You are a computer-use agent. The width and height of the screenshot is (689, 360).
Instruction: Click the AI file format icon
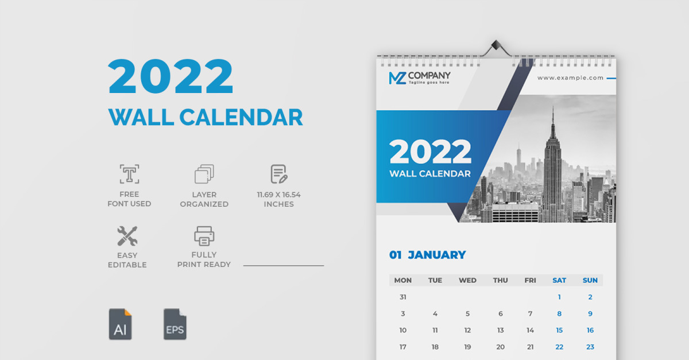click(x=120, y=324)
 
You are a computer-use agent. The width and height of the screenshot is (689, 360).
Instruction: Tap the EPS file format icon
click(x=175, y=324)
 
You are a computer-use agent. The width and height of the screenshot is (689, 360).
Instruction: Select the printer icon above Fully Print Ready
click(x=204, y=236)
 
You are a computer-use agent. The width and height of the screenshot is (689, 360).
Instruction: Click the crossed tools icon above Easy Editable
click(x=127, y=236)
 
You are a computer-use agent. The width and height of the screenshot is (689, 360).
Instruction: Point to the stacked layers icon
click(x=204, y=174)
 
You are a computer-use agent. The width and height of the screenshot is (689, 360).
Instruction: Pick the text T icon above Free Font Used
click(x=130, y=174)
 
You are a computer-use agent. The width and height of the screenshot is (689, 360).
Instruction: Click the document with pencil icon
click(x=279, y=174)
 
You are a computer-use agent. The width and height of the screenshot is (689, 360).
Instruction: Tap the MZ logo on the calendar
click(x=398, y=78)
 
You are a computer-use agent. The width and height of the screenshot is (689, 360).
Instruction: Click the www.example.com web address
click(x=570, y=78)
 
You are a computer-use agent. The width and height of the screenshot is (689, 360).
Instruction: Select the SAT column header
click(x=559, y=280)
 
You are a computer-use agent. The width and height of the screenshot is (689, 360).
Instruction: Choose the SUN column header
click(x=590, y=280)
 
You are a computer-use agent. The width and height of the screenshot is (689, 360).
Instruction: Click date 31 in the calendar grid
click(x=403, y=297)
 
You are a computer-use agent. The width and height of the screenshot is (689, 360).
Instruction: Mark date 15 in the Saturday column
click(x=559, y=330)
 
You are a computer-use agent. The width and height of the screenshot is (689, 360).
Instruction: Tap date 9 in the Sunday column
click(x=590, y=313)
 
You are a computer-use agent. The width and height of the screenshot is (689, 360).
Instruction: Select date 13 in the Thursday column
click(x=501, y=330)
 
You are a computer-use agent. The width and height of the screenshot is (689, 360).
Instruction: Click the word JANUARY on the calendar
click(x=437, y=255)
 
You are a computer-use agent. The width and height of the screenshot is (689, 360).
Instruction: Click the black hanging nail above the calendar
click(x=496, y=44)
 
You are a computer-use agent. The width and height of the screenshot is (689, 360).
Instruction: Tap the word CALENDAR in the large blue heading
click(x=241, y=117)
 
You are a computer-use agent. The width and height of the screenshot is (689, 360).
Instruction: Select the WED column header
click(x=467, y=280)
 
